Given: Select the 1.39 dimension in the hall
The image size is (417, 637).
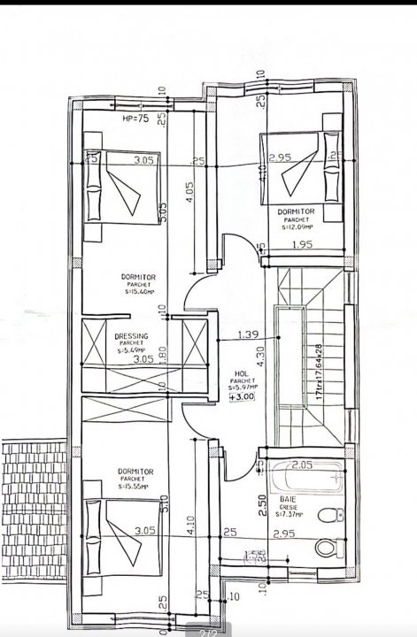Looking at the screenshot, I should [248, 334].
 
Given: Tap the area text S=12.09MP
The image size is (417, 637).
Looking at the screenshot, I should [297, 226].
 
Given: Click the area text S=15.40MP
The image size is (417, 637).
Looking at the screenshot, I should [139, 291].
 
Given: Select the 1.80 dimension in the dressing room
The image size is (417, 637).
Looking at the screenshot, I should [162, 353].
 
